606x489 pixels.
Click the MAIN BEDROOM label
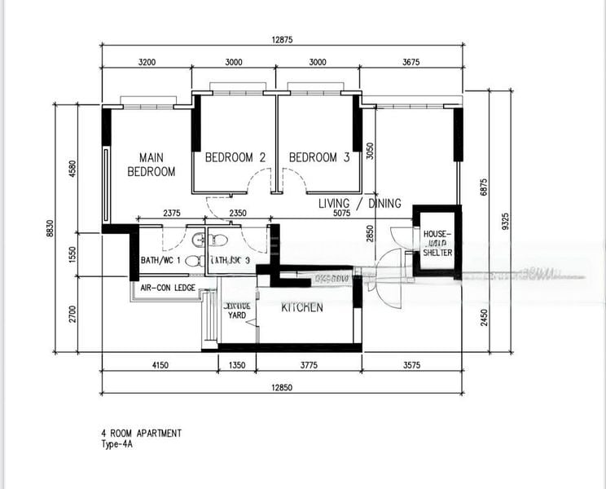click(x=151, y=165)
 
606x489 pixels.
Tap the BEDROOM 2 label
click(x=235, y=157)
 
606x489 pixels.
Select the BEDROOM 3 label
click(x=319, y=157)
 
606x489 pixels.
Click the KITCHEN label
click(x=302, y=307)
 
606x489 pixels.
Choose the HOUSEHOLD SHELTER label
click(x=437, y=243)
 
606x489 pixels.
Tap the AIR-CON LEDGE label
click(x=167, y=288)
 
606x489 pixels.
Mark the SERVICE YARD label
click(x=236, y=311)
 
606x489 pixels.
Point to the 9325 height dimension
click(x=506, y=222)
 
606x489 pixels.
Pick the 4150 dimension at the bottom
click(x=160, y=366)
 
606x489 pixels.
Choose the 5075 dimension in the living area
click(x=340, y=214)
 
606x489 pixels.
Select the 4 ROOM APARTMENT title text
click(x=142, y=433)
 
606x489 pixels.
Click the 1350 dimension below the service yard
click(x=236, y=366)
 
